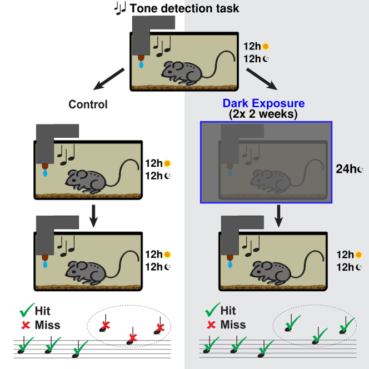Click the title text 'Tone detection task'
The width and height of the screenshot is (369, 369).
coord(184,8)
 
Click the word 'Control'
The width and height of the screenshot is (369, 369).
coord(88,104)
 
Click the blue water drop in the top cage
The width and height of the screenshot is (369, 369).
coord(141,65)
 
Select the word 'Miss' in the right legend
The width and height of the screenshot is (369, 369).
coord(233,325)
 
